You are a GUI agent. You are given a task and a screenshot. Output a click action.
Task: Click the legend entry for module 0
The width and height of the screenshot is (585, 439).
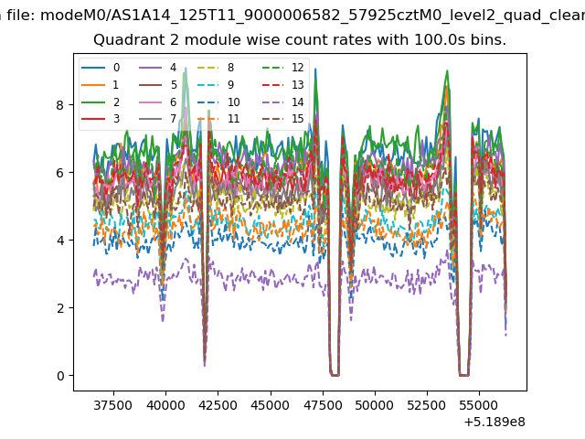[101, 68]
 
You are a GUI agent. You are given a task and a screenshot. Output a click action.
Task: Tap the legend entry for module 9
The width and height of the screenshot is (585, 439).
[216, 85]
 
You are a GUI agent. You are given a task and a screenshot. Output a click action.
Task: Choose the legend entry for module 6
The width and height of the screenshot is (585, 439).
[158, 102]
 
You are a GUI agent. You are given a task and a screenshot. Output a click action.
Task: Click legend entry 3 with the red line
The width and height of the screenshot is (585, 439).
[101, 119]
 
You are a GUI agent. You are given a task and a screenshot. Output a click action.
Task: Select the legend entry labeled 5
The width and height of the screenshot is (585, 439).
[158, 85]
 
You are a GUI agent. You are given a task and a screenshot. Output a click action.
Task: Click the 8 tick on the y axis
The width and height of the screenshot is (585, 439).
[60, 105]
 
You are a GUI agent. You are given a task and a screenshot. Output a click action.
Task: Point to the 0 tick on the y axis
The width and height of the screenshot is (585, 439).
[60, 376]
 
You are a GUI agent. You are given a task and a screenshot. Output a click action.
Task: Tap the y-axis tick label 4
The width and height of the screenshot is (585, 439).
[60, 240]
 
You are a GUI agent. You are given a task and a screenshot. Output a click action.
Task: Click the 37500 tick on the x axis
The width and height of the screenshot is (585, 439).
[113, 405]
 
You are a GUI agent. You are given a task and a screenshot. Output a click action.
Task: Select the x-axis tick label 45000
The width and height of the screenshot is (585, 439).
[271, 405]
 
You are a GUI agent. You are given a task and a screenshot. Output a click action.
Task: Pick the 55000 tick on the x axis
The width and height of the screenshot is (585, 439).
[479, 405]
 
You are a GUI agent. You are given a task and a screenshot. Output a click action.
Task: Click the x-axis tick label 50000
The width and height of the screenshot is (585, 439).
[375, 405]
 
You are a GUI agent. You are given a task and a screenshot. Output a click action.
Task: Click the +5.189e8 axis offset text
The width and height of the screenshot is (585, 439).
[495, 423]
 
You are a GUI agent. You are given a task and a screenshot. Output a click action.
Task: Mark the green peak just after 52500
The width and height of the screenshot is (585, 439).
[447, 70]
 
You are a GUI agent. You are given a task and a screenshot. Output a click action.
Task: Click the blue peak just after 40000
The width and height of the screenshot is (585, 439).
[186, 68]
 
